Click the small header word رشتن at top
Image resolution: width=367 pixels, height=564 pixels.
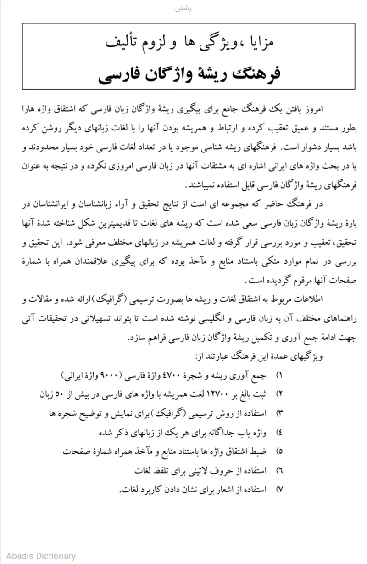[183, 9]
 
